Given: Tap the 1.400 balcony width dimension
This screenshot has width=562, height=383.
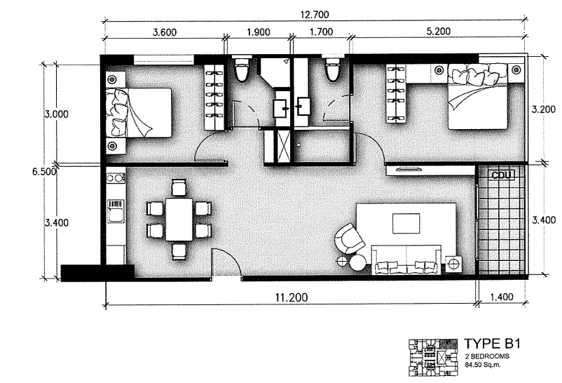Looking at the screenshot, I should tap(500, 297).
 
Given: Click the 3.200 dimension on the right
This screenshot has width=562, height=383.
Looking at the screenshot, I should tap(544, 109).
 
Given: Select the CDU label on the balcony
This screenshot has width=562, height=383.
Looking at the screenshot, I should tap(502, 174).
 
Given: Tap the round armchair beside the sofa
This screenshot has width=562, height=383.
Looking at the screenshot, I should tap(348, 238).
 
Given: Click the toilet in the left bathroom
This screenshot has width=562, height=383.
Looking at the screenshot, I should tap(242, 69).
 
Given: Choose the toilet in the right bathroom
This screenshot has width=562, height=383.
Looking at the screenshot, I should tap(332, 69).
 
